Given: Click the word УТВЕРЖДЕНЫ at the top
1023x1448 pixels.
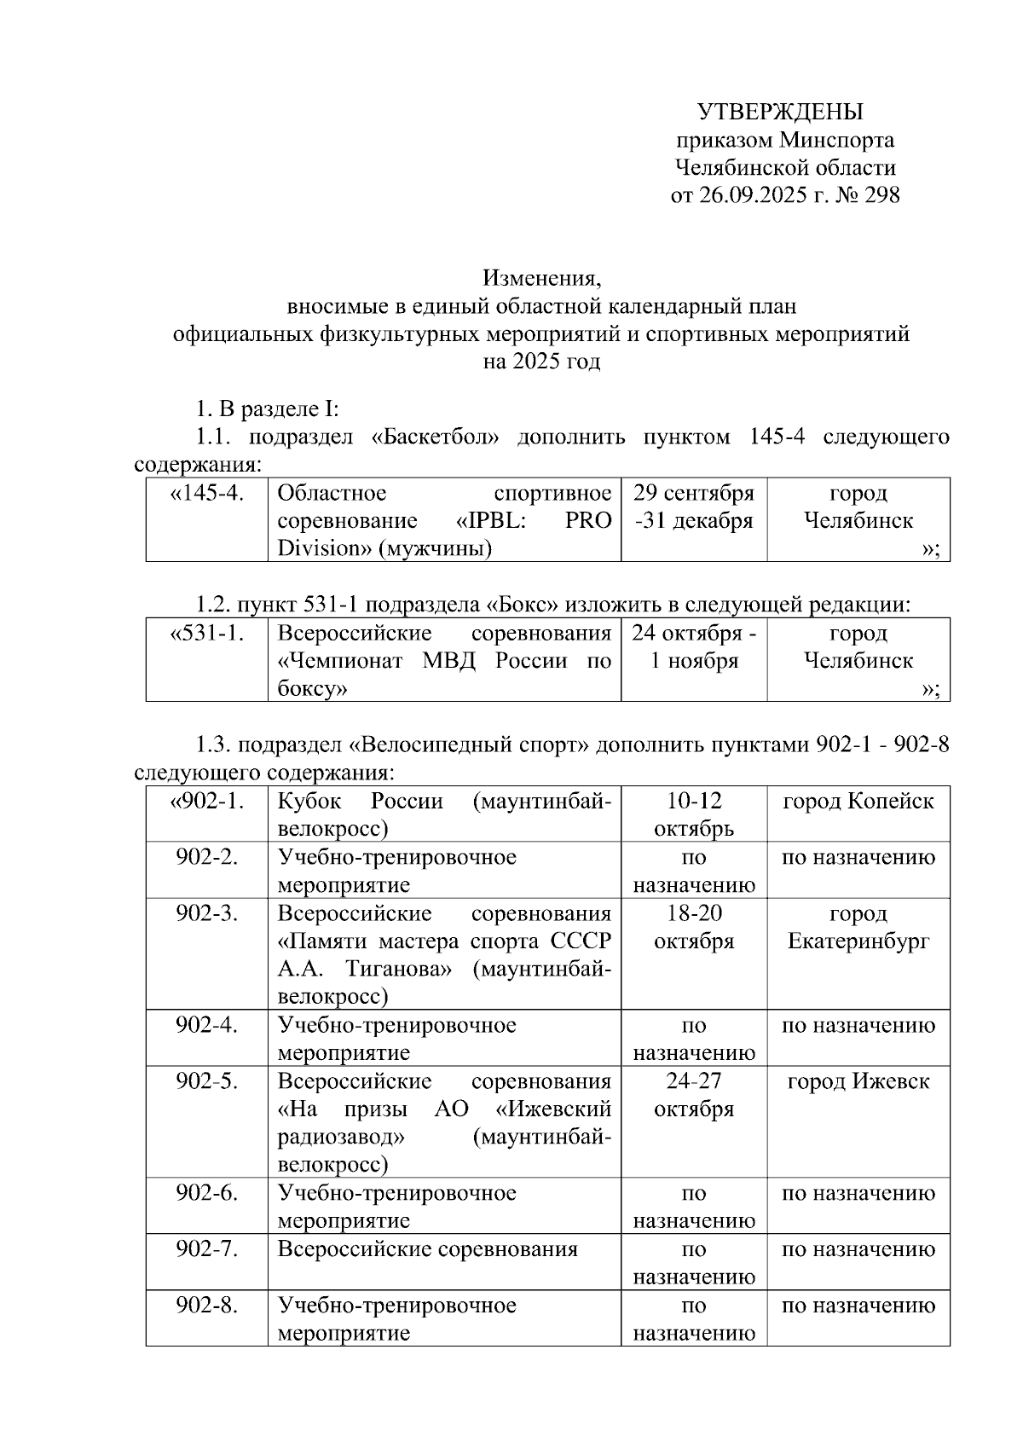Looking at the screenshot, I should coord(780,112).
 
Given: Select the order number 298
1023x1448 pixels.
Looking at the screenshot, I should coord(881,195).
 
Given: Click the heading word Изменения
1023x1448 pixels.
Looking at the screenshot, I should coord(541,278).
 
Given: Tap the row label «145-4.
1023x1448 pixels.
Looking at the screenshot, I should coord(207,494).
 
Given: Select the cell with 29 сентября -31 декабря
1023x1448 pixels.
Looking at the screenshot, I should coord(694,507).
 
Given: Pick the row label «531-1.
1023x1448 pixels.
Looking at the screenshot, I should coord(207,634).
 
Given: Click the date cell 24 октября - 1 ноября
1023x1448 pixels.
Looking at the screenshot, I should coord(694,646).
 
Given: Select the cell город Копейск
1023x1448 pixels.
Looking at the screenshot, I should coord(858,802).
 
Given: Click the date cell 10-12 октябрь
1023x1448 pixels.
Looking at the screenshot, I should coord(694,814).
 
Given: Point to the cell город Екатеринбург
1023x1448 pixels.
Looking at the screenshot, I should coord(858,927).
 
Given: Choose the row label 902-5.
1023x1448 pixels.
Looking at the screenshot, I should coord(207,1081).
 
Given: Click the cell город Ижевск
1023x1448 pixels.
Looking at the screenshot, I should coord(858,1081).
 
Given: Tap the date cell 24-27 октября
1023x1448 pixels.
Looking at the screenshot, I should coord(694,1095).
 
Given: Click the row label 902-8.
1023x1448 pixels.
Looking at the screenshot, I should coord(207,1306).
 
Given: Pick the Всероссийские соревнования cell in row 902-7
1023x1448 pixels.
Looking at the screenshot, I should coord(428,1249).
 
